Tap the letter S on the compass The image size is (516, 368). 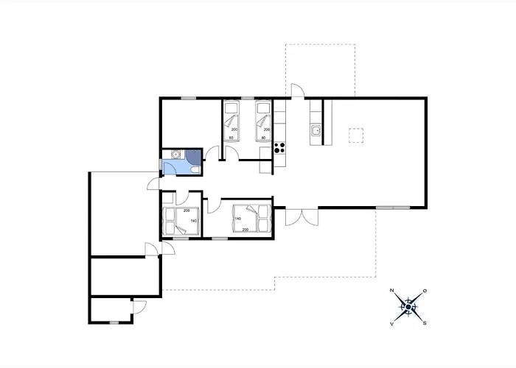click(425, 322)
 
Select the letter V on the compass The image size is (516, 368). click(393, 322)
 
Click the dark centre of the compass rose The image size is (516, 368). click(409, 306)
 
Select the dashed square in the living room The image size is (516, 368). click(357, 135)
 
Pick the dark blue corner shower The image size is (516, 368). click(193, 155)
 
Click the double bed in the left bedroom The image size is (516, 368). click(181, 220)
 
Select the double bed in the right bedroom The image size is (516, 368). click(246, 216)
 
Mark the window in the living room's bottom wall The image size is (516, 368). click(392, 208)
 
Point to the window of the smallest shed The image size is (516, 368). click(114, 322)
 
